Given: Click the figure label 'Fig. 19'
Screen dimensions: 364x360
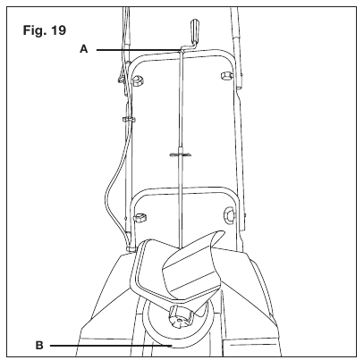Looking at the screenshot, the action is [45, 30].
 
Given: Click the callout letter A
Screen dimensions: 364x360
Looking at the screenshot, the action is [84, 49].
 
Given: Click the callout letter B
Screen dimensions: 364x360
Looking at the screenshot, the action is [39, 346].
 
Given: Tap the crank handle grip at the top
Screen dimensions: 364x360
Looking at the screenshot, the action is [194, 30].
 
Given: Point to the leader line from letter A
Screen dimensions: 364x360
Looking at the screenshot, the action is [139, 50].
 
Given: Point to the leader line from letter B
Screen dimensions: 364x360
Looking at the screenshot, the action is [111, 346].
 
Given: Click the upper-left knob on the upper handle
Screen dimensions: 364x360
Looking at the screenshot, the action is [138, 80].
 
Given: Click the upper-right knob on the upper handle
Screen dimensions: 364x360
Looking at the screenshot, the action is [226, 75].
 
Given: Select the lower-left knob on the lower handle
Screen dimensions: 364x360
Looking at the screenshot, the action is [140, 218].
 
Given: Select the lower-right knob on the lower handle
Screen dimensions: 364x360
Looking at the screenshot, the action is [230, 214].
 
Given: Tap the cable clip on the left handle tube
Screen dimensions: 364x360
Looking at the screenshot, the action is [129, 120].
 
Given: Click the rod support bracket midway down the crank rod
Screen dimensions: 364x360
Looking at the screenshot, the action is [181, 155].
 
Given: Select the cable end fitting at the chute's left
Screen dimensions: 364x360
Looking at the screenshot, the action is [130, 247].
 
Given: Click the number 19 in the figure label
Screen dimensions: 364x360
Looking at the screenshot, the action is [58, 30].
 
